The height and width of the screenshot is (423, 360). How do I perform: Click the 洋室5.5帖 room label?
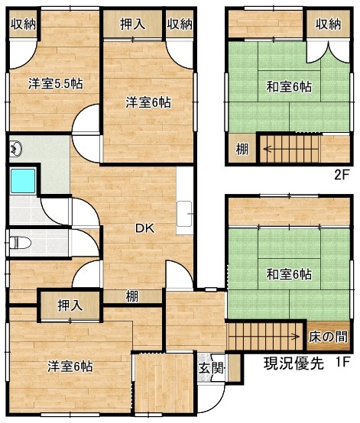(x=56, y=84)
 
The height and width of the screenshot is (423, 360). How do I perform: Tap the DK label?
(x=144, y=228)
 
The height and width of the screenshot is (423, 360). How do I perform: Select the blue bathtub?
(x=23, y=181)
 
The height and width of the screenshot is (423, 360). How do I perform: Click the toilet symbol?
(x=21, y=242)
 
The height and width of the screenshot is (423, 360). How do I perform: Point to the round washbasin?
(x=16, y=149)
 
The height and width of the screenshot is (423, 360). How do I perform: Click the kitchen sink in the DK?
(x=184, y=214)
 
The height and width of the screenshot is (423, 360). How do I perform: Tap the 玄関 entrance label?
(x=211, y=368)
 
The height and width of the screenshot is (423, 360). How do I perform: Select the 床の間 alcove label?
(x=328, y=337)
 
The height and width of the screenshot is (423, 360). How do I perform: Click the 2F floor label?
(x=342, y=175)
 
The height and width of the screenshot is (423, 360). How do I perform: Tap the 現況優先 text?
(x=294, y=363)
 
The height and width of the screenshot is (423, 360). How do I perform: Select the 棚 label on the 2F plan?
(x=242, y=149)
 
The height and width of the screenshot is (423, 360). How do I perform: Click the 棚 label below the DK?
(x=132, y=296)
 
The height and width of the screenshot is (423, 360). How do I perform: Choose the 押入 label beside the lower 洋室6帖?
(x=70, y=305)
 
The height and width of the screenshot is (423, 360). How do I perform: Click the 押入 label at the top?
(x=132, y=24)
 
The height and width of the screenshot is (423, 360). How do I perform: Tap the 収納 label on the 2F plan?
(x=329, y=24)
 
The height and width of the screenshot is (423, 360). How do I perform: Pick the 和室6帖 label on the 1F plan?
(x=289, y=275)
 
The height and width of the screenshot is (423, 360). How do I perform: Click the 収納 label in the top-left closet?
(x=23, y=24)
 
